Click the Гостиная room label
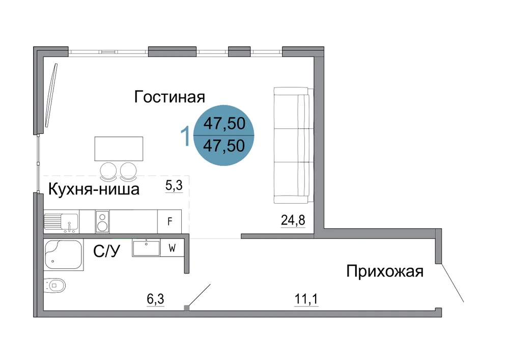pyautogui.click(x=169, y=97)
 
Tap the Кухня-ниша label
pyautogui.click(x=94, y=189)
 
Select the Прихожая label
pyautogui.click(x=385, y=271)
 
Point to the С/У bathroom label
pyautogui.click(x=106, y=251)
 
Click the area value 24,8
pyautogui.click(x=293, y=220)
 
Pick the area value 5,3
pyautogui.click(x=174, y=185)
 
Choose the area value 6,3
pyautogui.click(x=155, y=299)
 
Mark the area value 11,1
pyautogui.click(x=306, y=299)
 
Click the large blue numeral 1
pyautogui.click(x=185, y=136)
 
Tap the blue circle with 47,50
pyautogui.click(x=223, y=135)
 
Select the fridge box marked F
pyautogui.click(x=169, y=221)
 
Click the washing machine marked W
pyautogui.click(x=172, y=248)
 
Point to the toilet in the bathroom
pyautogui.click(x=54, y=286)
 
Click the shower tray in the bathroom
pyautogui.click(x=64, y=255)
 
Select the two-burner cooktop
pyautogui.click(x=102, y=221)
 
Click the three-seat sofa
pyautogui.click(x=294, y=145)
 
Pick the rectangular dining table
pyautogui.click(x=119, y=149)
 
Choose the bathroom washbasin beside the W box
pyautogui.click(x=146, y=248)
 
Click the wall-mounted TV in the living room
pyautogui.click(x=51, y=95)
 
